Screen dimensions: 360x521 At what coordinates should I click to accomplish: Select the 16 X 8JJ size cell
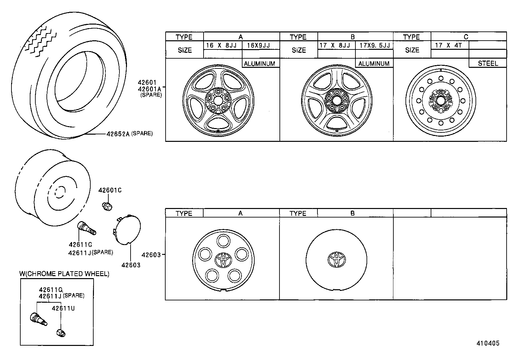pos(222,45)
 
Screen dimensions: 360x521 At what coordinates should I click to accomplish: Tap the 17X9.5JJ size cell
pos(374,45)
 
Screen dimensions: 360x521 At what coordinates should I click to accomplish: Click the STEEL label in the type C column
pos(488,64)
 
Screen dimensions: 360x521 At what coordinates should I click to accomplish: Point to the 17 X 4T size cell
pos(448,45)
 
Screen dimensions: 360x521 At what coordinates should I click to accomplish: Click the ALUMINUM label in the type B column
pos(374,64)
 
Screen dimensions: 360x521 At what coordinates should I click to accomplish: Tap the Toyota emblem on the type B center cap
pos(336,259)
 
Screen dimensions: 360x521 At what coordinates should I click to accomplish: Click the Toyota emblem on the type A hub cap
pos(224,260)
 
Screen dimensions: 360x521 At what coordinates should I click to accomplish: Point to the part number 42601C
pos(110,190)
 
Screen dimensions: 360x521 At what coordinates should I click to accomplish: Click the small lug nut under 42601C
pos(107,207)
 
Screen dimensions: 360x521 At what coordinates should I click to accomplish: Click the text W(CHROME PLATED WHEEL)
pos(64,274)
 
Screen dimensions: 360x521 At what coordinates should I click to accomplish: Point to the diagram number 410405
pos(488,343)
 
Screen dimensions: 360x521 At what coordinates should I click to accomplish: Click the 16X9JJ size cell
pos(259,45)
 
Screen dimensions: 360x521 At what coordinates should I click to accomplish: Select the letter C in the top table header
pos(466,37)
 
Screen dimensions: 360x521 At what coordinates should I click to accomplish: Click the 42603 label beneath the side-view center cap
pos(131,265)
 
